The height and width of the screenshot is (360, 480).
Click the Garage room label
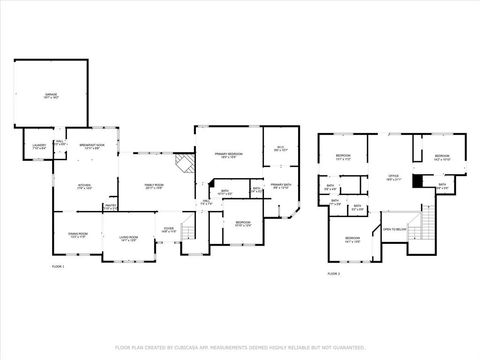click(50, 96)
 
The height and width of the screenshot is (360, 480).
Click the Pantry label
click(111, 207)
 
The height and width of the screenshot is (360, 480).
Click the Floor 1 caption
click(57, 268)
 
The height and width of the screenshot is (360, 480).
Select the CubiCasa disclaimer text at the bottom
click(239, 347)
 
